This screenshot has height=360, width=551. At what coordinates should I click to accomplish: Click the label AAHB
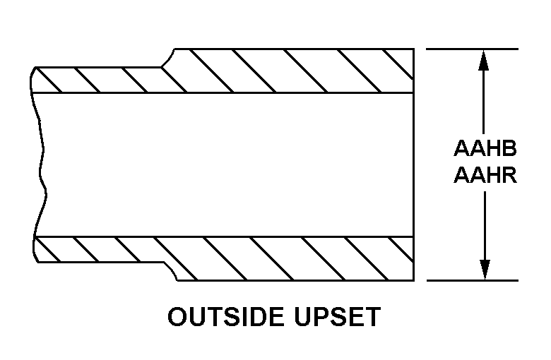[x=485, y=148]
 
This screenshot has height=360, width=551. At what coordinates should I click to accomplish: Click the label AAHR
[x=485, y=175]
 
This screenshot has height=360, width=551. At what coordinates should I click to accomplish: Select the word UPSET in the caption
[x=338, y=317]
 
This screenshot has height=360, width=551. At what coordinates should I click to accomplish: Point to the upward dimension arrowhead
[x=483, y=61]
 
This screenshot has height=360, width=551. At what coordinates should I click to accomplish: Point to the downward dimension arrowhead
[x=485, y=270]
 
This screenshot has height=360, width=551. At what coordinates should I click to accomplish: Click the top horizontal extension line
[x=472, y=49]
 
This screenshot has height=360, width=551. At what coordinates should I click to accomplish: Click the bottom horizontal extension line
[x=473, y=281]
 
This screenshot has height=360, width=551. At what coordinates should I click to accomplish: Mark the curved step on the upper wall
[x=168, y=58]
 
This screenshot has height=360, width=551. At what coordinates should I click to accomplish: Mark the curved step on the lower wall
[x=171, y=271]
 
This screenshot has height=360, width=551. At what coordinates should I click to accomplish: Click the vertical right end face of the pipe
[x=413, y=164]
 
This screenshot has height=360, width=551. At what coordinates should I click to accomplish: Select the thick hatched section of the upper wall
[x=288, y=71]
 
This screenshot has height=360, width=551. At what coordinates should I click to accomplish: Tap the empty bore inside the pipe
[x=225, y=164]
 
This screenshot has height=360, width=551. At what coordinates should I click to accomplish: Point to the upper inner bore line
[x=222, y=92]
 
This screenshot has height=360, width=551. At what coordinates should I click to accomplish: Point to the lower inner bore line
[x=223, y=236]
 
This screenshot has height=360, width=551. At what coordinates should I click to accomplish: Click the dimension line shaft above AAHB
[x=483, y=102]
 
